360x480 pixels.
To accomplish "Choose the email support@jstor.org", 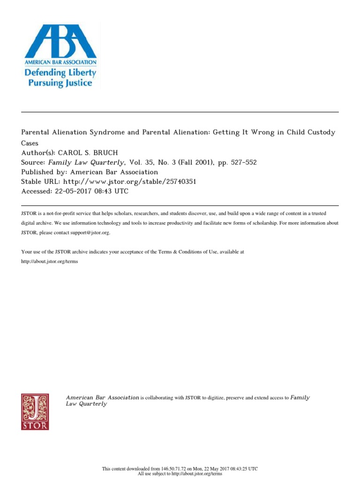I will [90, 232].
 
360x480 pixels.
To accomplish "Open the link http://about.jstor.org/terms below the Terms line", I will [50, 261].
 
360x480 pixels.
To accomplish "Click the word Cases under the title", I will [30, 143].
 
